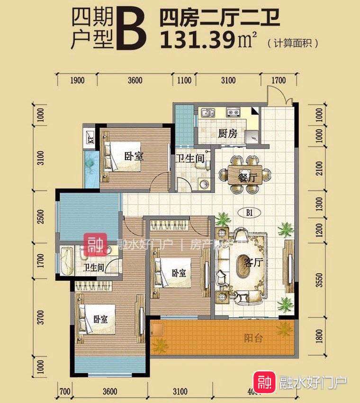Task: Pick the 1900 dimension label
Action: tap(77, 81)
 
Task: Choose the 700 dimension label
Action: tap(65, 391)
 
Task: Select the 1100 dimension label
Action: tap(184, 81)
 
